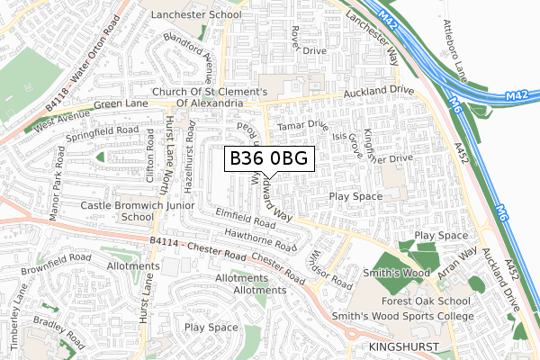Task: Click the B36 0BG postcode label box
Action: (x=269, y=159)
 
